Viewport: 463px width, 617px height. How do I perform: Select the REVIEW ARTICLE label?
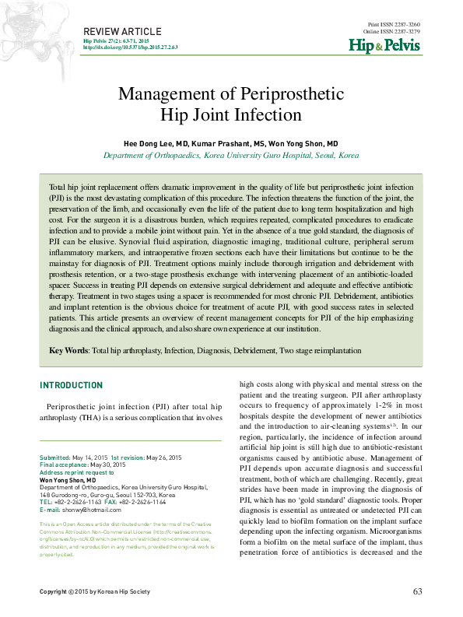[x=118, y=30]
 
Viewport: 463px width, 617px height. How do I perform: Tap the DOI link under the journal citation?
[x=130, y=47]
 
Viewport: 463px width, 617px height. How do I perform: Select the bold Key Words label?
[x=68, y=351]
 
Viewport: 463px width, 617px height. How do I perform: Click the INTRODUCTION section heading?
[x=71, y=386]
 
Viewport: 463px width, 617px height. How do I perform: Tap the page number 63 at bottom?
[x=417, y=592]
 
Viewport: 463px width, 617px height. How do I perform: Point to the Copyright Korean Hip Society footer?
[x=94, y=593]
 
